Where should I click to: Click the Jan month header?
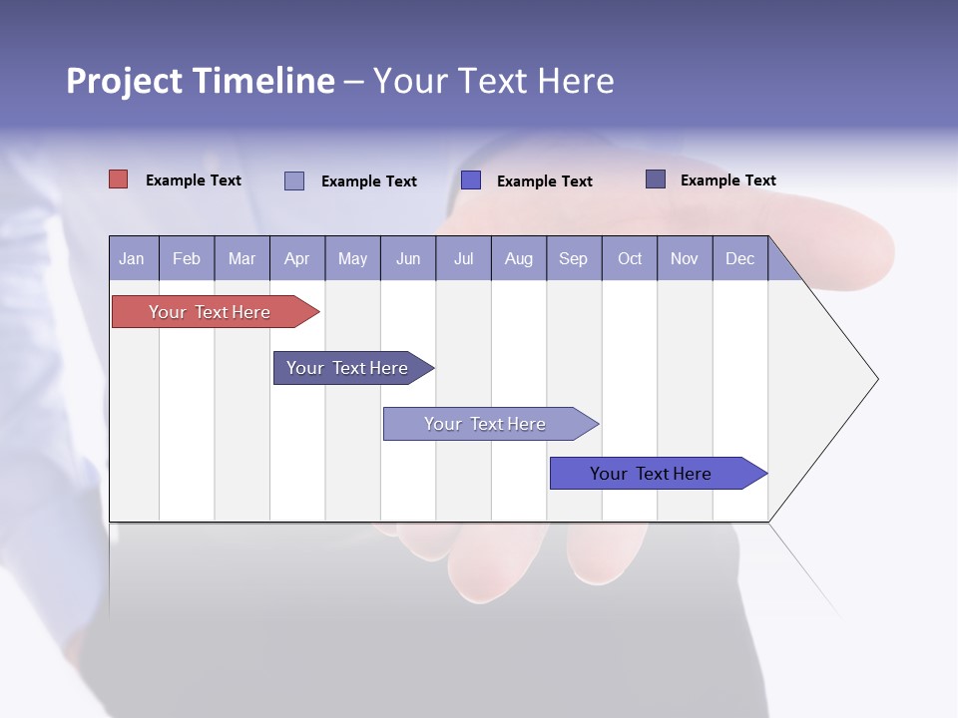tap(133, 258)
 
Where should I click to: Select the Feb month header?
tap(187, 258)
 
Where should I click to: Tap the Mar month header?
tap(241, 258)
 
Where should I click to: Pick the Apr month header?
tap(297, 258)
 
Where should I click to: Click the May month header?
tap(352, 258)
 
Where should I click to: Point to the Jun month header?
tap(408, 258)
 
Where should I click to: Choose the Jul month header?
tap(463, 258)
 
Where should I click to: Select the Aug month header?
tap(519, 258)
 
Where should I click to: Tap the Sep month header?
tap(574, 258)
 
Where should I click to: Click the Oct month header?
tap(630, 258)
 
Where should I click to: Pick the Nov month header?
tap(685, 258)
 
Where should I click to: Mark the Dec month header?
tap(740, 258)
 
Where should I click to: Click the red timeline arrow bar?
tap(210, 312)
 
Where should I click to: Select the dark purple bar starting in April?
tap(347, 368)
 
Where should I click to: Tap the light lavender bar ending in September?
tap(485, 424)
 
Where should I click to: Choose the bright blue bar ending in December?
tap(651, 474)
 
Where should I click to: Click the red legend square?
tap(119, 179)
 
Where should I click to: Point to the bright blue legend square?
tap(471, 180)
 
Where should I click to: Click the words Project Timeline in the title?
tap(200, 81)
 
